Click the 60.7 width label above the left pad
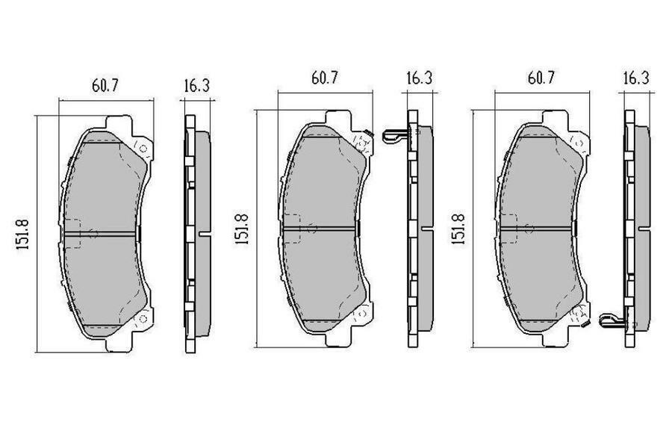pyautogui.click(x=105, y=85)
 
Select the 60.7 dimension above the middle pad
pyautogui.click(x=324, y=78)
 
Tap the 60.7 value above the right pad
pyautogui.click(x=541, y=78)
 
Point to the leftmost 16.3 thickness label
pyautogui.click(x=196, y=85)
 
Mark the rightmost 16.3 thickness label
pyautogui.click(x=635, y=78)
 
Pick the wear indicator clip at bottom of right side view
pyautogui.click(x=611, y=321)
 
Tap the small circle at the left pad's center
pyautogui.click(x=93, y=234)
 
